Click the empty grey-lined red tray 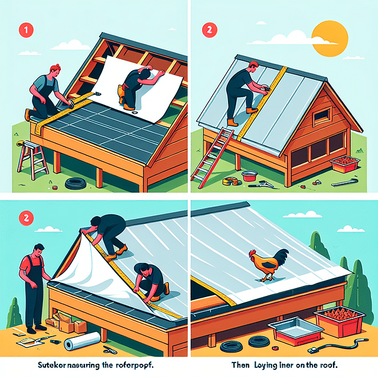coord(289,334)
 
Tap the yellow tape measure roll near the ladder coord(229,181)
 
